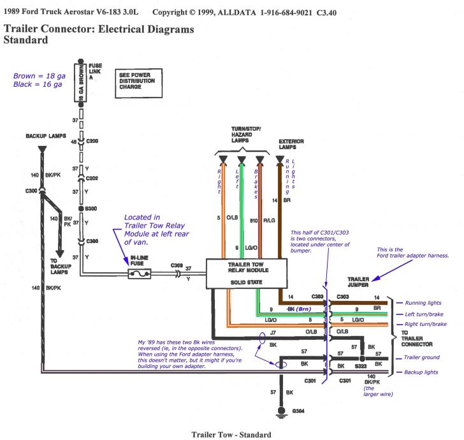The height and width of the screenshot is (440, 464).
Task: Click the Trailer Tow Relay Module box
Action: click(x=246, y=273)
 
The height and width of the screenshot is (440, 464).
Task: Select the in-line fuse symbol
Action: click(x=140, y=274)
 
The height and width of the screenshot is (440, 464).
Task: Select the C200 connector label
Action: click(x=93, y=141)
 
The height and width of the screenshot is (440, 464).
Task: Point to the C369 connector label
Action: click(x=177, y=266)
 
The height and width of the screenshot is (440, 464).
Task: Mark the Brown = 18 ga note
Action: click(x=36, y=75)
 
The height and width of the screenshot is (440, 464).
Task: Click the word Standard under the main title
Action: click(x=25, y=40)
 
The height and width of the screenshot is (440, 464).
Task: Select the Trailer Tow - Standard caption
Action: click(x=231, y=435)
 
